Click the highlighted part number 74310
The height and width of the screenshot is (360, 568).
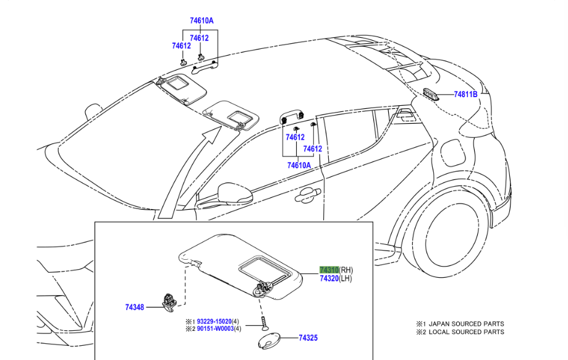(x=329, y=270)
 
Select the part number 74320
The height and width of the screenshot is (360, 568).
(x=329, y=279)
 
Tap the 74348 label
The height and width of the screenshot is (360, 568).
(x=134, y=307)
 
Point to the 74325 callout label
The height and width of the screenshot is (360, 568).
(x=308, y=338)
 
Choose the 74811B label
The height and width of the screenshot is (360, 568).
(x=466, y=95)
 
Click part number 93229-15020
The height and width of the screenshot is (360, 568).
(x=214, y=322)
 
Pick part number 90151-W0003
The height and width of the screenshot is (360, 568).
(x=214, y=330)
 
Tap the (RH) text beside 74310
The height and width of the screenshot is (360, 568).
(x=346, y=270)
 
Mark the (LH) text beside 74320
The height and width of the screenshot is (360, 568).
(x=345, y=279)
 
